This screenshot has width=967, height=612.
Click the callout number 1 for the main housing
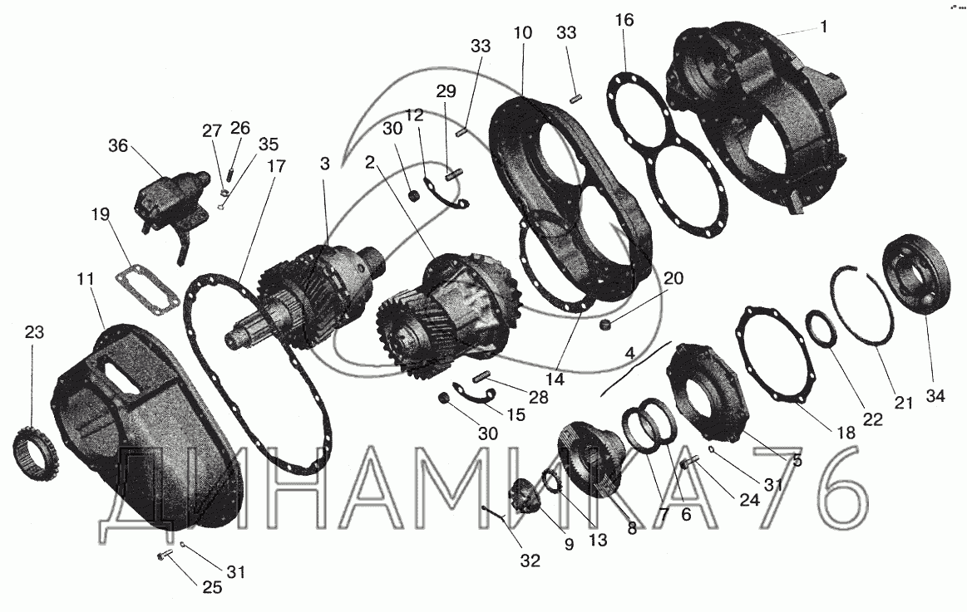(824, 27)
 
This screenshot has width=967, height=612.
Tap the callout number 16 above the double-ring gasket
(624, 20)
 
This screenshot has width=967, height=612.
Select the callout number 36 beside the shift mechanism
(118, 146)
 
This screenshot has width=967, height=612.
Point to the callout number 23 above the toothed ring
(35, 332)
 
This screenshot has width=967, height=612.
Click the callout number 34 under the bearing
(935, 396)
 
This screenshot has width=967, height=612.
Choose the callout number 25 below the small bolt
(211, 587)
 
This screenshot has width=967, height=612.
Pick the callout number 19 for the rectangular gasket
(100, 214)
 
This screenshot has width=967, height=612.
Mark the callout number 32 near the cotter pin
(530, 561)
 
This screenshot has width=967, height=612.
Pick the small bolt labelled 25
(164, 556)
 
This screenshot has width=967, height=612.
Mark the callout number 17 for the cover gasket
(276, 166)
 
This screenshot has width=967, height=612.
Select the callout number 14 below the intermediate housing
(555, 379)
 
